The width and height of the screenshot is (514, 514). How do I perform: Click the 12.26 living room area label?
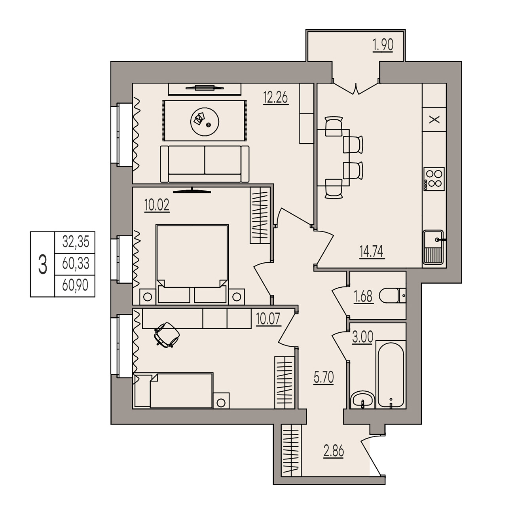275,97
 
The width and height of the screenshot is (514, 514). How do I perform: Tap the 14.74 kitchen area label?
372,252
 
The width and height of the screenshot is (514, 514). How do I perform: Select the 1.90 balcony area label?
383,45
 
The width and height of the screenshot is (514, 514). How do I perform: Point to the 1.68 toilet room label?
363,296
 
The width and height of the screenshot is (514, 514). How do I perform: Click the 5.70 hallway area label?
324,377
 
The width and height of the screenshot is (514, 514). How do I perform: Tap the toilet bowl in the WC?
392,296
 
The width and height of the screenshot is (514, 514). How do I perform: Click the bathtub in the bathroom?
391,374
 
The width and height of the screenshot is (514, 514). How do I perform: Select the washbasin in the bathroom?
362,400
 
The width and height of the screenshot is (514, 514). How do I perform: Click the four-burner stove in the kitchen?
434,179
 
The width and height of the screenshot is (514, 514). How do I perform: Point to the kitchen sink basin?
433,247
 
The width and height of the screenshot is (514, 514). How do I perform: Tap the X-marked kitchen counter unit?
434,119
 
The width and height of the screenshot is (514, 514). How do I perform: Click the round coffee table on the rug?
205,121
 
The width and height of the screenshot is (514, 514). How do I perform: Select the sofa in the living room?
205,164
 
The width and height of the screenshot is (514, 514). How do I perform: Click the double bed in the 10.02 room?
192,264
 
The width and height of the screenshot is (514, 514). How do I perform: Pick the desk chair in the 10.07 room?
167,335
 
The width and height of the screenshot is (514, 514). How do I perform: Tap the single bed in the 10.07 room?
173,391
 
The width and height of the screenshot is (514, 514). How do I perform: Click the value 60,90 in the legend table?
75,286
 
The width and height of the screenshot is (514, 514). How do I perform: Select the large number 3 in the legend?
43,264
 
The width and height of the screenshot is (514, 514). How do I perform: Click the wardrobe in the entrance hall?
291,451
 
